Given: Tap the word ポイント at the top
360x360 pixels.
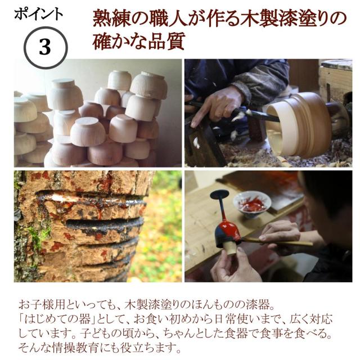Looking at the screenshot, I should click(38, 14).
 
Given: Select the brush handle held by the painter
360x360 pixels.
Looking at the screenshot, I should click(281, 242).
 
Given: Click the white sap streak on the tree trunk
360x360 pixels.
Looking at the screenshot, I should click(84, 198).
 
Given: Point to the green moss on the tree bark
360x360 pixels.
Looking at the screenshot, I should click(34, 236).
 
